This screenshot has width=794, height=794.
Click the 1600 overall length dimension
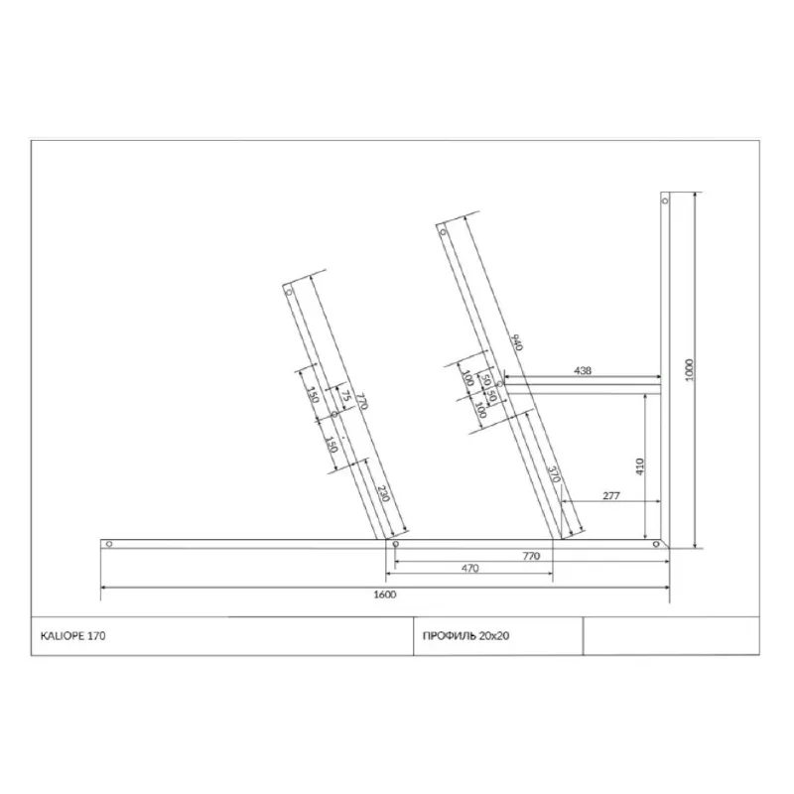[x=385, y=595]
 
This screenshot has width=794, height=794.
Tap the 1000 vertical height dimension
[x=689, y=370]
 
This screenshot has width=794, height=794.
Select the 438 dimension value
[x=583, y=370]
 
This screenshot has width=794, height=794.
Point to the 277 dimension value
[x=611, y=495]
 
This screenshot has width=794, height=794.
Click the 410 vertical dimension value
[x=639, y=466]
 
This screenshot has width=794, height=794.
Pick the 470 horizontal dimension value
[x=469, y=568]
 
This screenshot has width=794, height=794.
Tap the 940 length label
[x=516, y=342]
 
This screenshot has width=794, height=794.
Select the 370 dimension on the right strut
[x=555, y=474]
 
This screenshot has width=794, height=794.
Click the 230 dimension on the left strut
[x=384, y=493]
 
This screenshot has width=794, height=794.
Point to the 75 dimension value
[x=345, y=395]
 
